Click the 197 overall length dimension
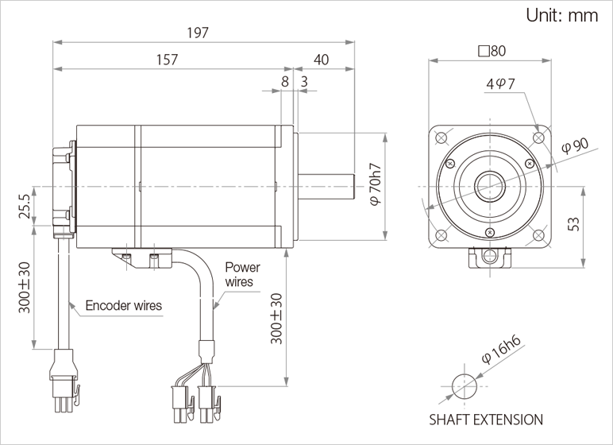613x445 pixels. pyautogui.click(x=198, y=33)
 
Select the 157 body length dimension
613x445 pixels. pyautogui.click(x=168, y=60)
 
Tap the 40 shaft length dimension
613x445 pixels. pyautogui.click(x=322, y=60)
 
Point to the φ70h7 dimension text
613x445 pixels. pyautogui.click(x=376, y=184)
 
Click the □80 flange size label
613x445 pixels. pyautogui.click(x=492, y=51)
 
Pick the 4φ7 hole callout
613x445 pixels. pyautogui.click(x=501, y=83)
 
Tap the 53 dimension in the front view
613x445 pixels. pyautogui.click(x=573, y=224)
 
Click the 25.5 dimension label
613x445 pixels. pyautogui.click(x=25, y=207)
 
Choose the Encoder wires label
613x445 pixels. pyautogui.click(x=124, y=305)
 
